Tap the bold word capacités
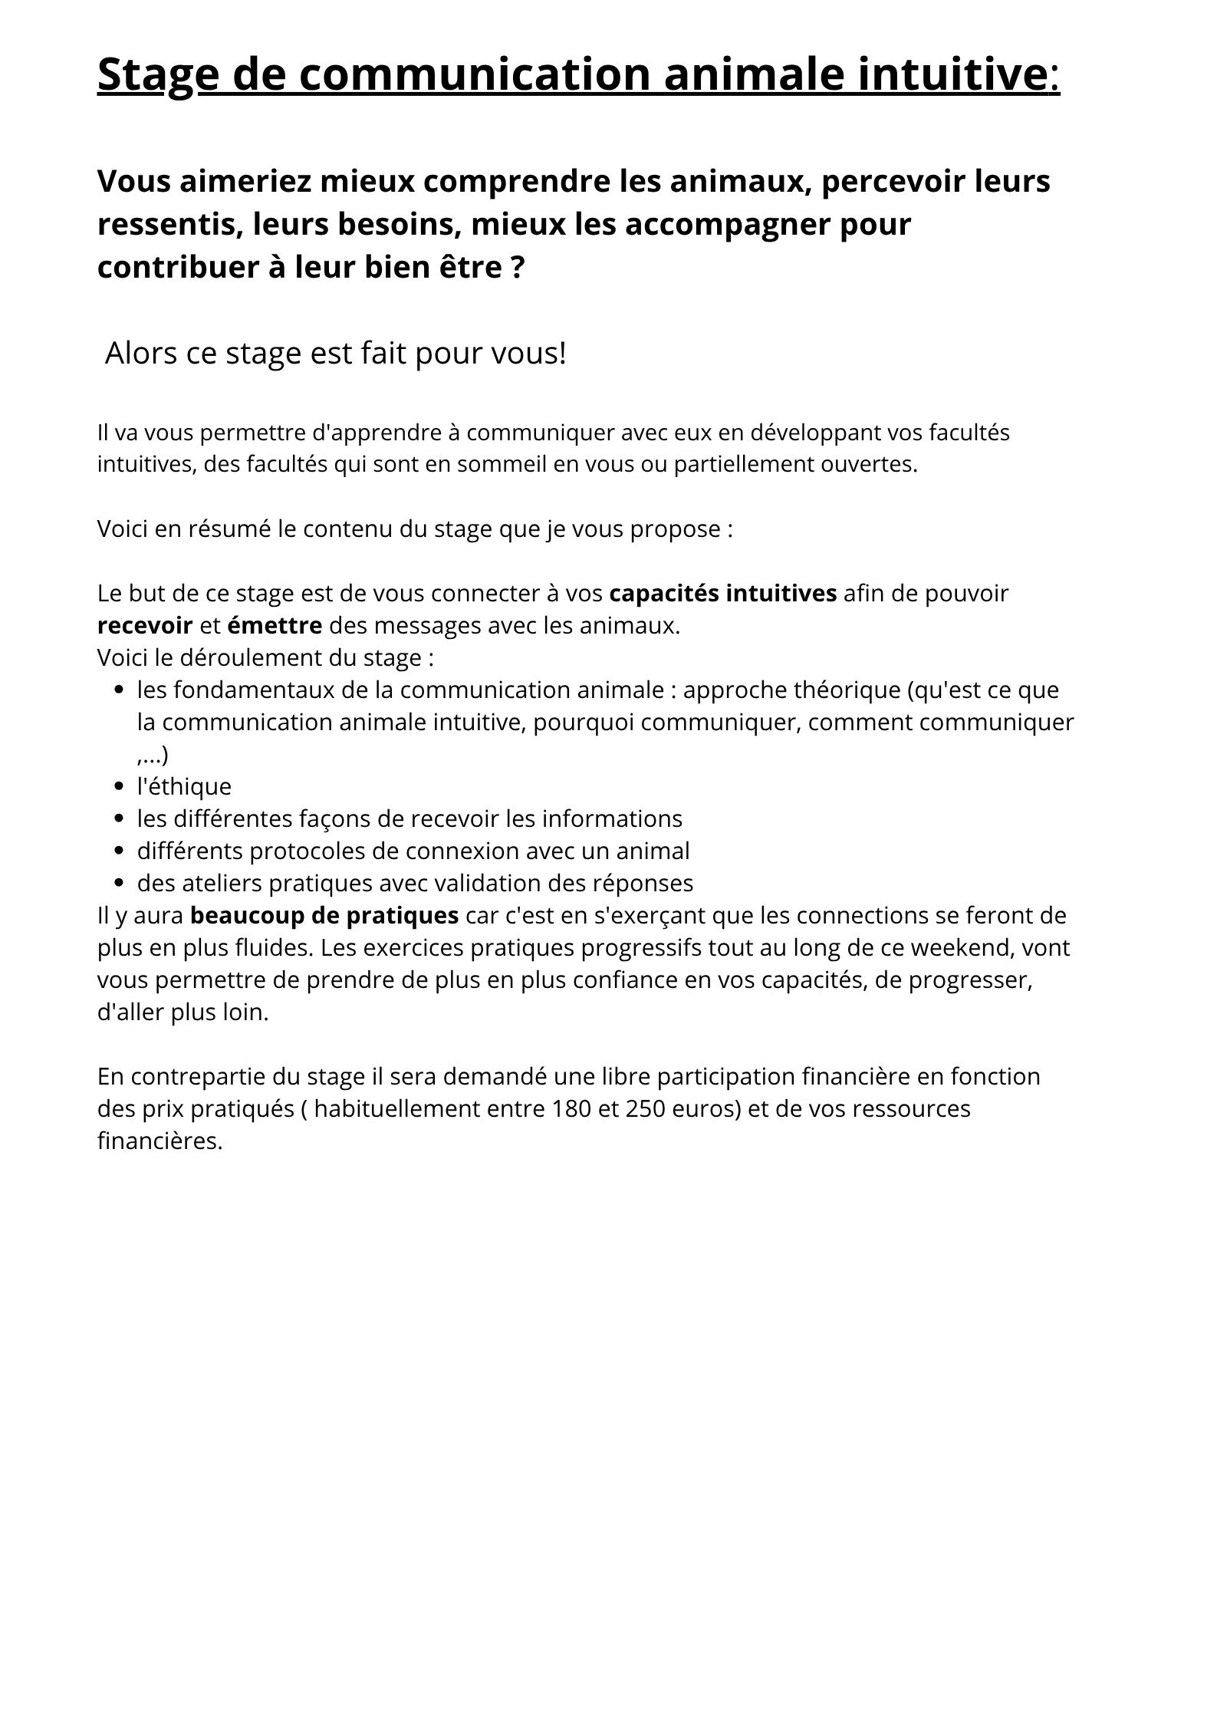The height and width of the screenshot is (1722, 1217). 664,593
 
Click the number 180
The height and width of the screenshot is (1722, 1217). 571,1108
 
